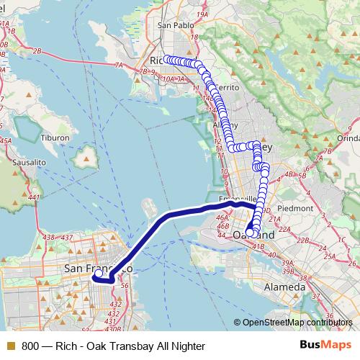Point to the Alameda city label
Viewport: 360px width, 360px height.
click(284, 287)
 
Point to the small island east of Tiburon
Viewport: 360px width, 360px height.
click(90, 155)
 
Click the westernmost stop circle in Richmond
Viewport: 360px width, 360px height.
click(166, 60)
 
